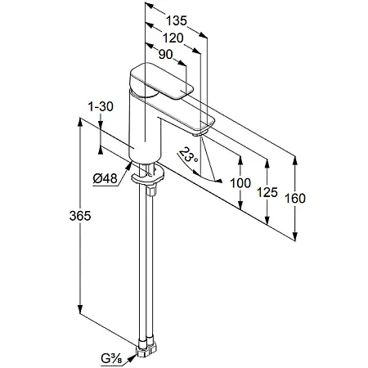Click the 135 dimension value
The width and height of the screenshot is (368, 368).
click(x=177, y=21)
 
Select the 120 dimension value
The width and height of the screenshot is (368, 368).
click(x=173, y=38)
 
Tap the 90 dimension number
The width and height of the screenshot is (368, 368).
click(x=165, y=55)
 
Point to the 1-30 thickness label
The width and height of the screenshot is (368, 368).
click(x=101, y=106)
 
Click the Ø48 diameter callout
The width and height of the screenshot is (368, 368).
click(x=105, y=178)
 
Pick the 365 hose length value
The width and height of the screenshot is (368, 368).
click(x=80, y=216)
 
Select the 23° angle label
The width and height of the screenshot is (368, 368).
click(x=188, y=155)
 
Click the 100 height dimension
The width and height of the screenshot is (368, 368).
click(x=240, y=183)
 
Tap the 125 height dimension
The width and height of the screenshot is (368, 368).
click(x=267, y=192)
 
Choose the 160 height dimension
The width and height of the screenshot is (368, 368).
click(x=295, y=199)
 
